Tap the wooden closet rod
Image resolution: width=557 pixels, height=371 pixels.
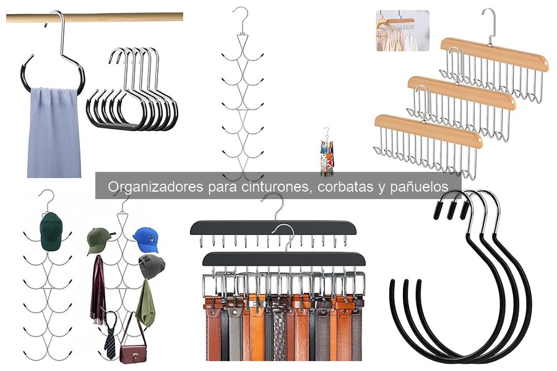pos(93,17)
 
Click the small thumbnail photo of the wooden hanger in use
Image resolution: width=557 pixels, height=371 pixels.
pos(402,30)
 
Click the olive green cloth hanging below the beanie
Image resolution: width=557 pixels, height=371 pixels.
pos(145,304)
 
